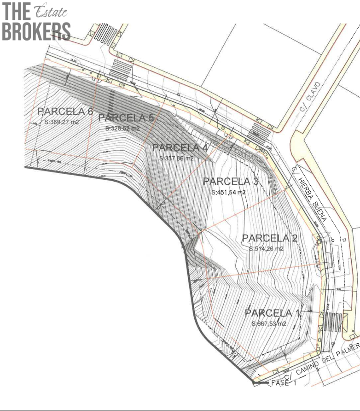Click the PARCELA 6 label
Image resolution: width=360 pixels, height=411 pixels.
pos(65,112)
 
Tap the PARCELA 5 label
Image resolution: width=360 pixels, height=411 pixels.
pos(126,117)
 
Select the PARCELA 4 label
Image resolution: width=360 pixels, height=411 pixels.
pos(180,148)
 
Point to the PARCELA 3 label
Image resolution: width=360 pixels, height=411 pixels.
pos(231,181)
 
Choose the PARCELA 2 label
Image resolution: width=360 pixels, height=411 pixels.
pos(269,238)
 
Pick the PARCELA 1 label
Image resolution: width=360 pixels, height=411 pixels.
pos(272,313)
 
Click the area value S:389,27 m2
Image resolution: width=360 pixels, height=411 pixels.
pos(63,123)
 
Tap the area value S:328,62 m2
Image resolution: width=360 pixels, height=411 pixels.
pos(122,129)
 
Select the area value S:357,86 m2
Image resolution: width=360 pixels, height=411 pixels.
pos(176,158)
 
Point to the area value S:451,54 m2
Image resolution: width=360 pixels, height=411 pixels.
pos(229,192)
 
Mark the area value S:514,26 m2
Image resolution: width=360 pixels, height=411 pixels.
pos(266,249)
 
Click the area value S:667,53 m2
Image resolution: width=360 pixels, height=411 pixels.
pos(269,324)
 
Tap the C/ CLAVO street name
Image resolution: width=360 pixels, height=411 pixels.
pos(312,98)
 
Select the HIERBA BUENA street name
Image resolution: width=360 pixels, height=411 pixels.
pos(312,198)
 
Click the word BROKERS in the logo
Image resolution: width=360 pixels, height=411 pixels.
pos(36,31)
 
